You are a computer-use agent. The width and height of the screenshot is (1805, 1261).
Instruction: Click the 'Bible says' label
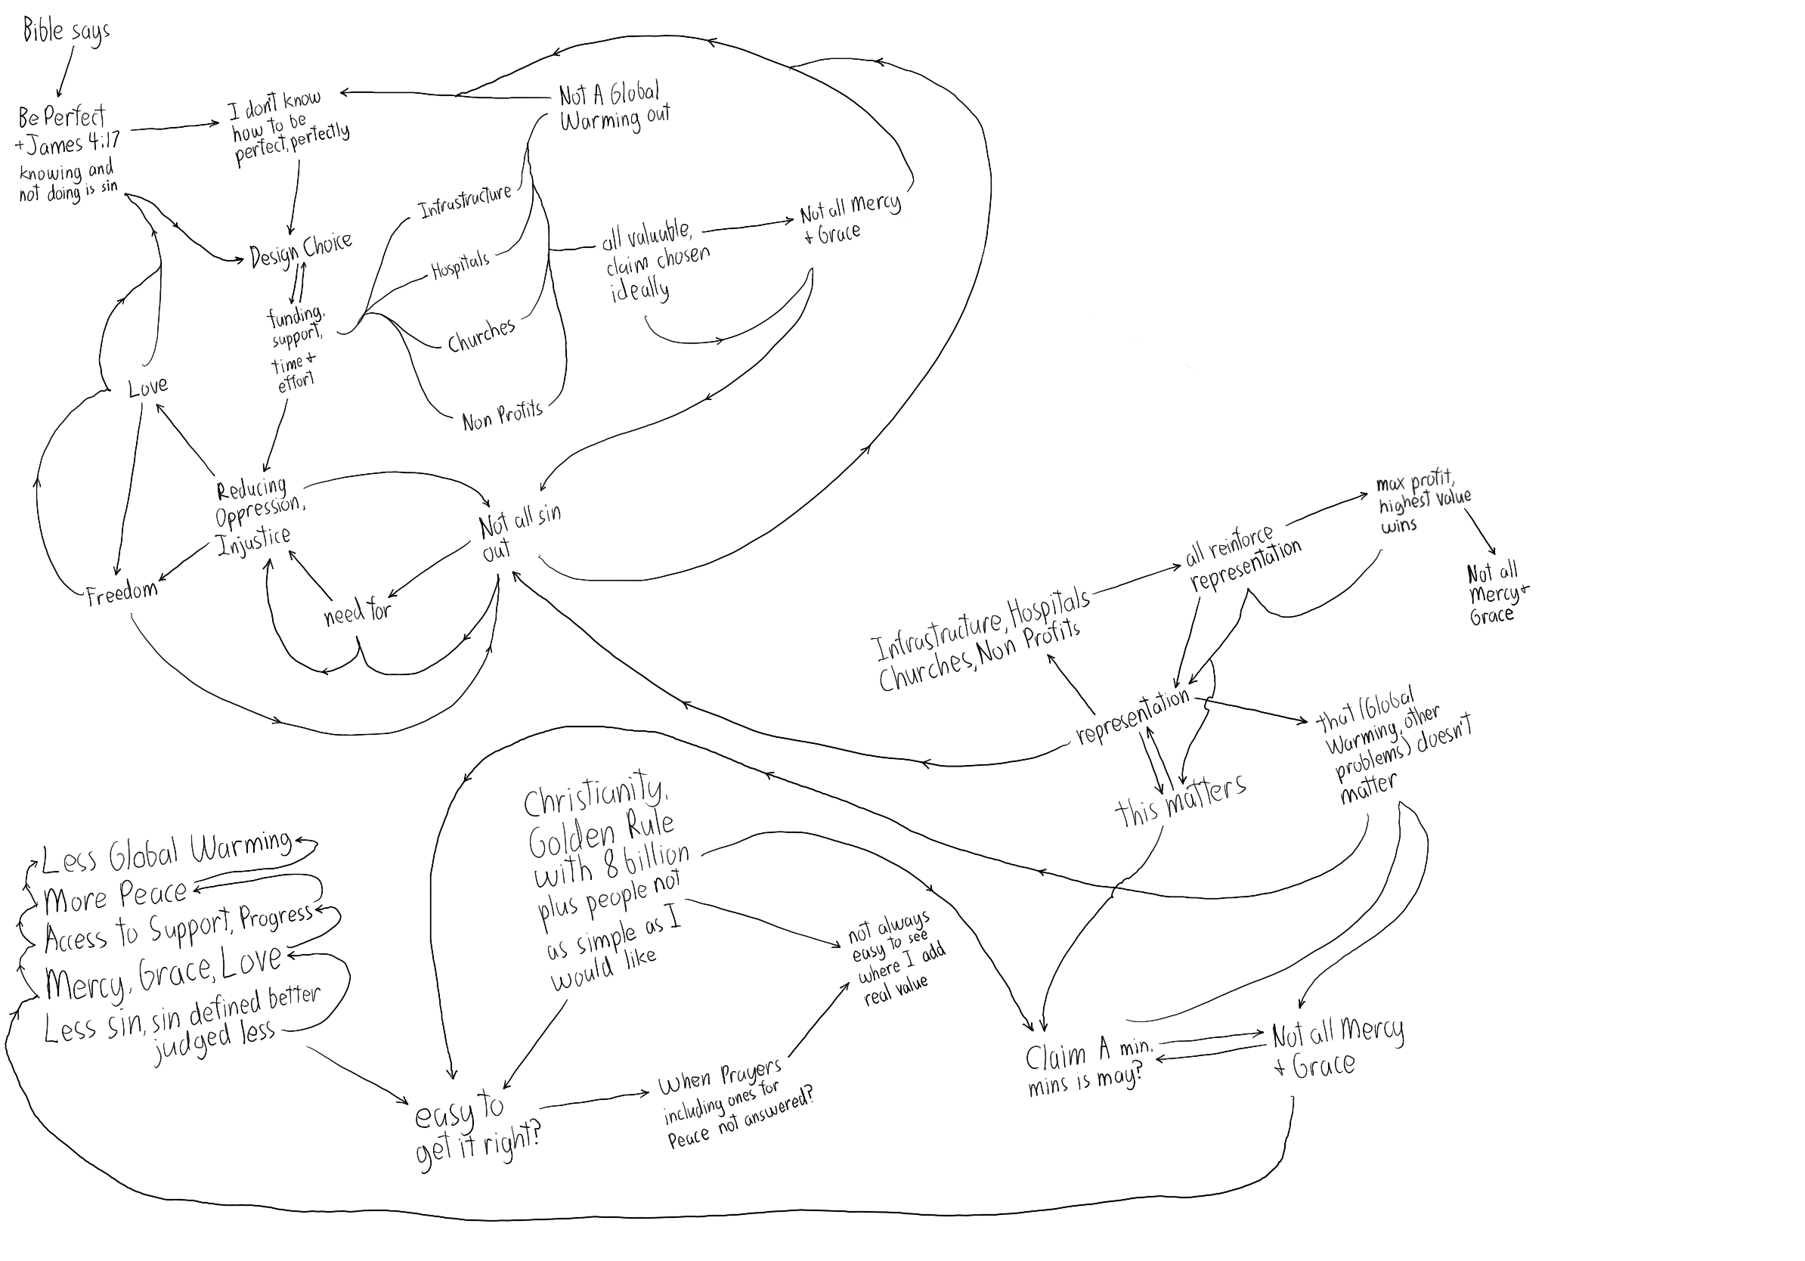66,32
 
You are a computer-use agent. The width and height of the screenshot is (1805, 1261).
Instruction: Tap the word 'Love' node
148,386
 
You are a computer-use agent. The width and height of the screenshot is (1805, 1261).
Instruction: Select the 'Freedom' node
121,593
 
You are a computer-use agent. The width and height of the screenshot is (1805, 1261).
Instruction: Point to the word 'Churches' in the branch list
481,335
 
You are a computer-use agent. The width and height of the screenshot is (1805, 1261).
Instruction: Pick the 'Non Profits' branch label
503,415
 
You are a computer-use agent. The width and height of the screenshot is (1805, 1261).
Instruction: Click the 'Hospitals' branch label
460,264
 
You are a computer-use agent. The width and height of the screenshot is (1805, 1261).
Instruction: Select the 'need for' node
358,611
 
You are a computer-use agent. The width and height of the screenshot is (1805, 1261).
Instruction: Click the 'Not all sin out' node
518,531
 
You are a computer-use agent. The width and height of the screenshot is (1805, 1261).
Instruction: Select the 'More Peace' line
116,896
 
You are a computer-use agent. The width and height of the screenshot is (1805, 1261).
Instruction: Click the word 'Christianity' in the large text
594,794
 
